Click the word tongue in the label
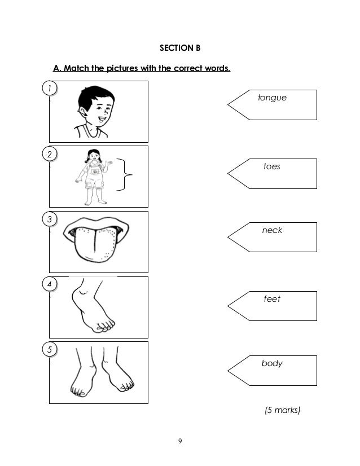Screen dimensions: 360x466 point(272,98)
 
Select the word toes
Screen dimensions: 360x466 point(272,166)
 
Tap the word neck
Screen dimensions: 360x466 point(272,230)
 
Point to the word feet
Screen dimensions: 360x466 point(272,298)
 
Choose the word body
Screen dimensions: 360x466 point(272,363)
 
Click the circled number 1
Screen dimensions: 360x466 point(49,88)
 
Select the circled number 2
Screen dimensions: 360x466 point(49,154)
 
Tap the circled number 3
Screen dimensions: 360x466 point(49,219)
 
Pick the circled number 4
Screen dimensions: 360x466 point(49,284)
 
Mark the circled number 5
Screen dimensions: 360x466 point(49,349)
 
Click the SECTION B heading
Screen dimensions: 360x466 point(180,48)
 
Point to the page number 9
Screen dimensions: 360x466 point(180,441)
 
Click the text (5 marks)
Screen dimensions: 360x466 point(282,410)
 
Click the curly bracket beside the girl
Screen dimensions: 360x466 point(125,174)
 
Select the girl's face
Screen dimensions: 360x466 point(94,156)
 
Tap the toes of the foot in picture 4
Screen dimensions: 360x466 point(104,326)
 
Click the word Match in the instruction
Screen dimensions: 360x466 point(77,68)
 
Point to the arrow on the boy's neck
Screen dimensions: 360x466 point(84,113)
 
